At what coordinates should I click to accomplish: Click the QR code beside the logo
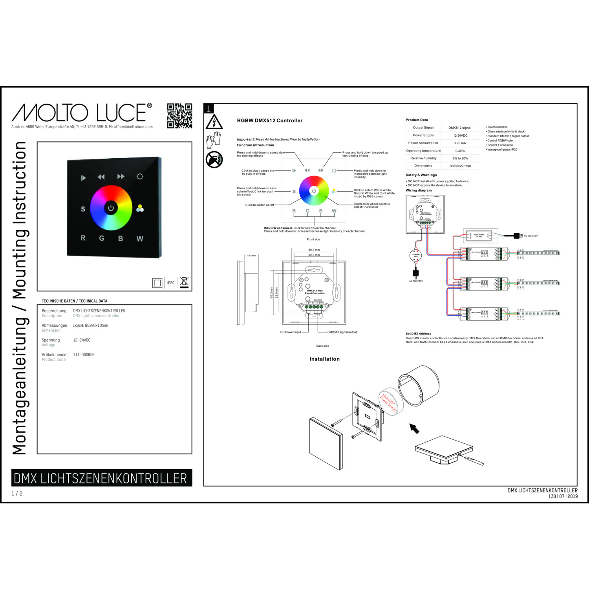point(179,116)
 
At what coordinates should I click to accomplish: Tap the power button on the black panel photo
point(111,208)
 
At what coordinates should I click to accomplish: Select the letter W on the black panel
point(140,238)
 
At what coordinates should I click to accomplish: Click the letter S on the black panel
point(83,209)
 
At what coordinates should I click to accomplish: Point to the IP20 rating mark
point(171,283)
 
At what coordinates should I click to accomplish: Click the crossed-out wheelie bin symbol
point(184,282)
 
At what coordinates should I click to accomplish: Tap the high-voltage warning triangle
point(214,122)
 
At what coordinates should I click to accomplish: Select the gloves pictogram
point(214,140)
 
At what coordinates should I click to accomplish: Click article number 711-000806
point(84,355)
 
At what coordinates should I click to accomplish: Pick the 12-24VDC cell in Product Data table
point(460,135)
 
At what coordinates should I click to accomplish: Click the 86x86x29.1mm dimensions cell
point(460,166)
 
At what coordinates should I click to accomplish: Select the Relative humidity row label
point(423,158)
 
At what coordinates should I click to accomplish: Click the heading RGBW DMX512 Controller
point(270,121)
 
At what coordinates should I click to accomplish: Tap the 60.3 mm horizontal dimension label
point(314,250)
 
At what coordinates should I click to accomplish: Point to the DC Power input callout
point(291,332)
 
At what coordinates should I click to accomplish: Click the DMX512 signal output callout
point(342,332)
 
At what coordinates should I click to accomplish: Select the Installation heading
point(324,359)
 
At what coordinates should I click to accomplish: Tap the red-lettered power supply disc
point(388,401)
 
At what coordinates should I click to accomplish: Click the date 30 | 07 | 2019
point(564,496)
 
